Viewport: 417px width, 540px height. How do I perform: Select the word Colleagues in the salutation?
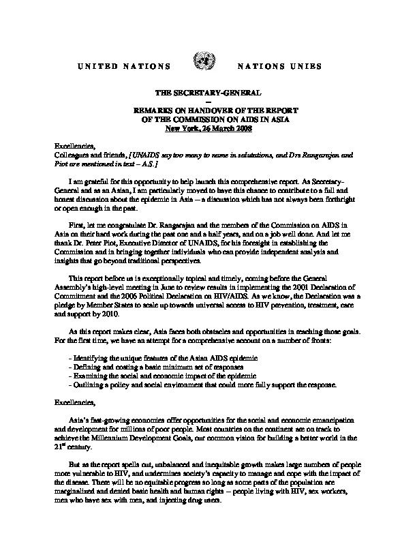72,156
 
